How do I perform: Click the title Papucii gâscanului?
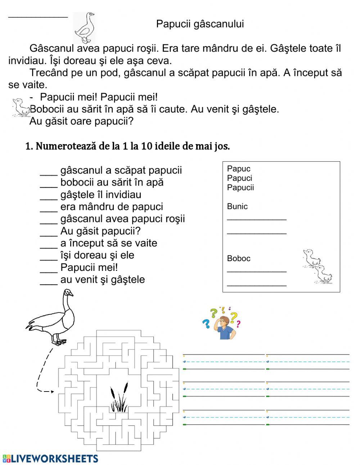point(200,24)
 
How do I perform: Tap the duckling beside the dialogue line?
point(21,107)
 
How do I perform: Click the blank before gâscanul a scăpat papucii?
point(49,173)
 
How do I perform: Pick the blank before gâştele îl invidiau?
point(49,197)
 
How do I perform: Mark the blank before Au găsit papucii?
point(49,233)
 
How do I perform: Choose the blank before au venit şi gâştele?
point(49,282)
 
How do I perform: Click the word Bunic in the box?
point(237,206)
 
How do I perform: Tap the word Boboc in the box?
point(239,258)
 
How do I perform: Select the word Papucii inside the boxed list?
point(240,187)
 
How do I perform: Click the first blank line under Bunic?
point(257,219)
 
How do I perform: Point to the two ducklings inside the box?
point(317,266)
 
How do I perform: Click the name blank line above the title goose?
point(38,16)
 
